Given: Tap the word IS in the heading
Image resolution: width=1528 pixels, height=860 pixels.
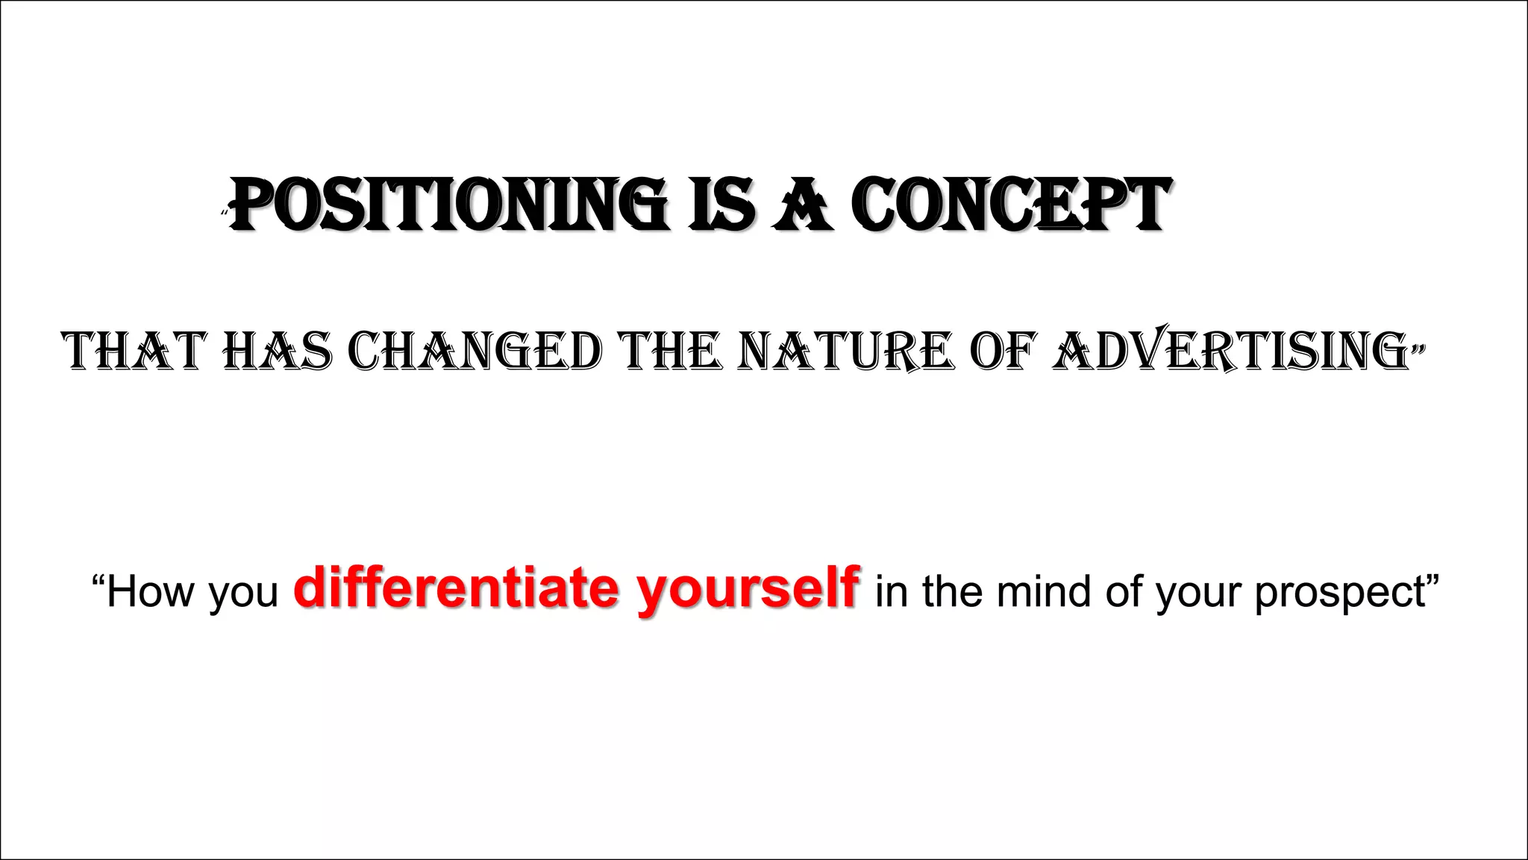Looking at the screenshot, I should tap(721, 204).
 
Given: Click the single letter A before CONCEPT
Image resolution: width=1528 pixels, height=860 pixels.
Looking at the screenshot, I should tap(803, 204).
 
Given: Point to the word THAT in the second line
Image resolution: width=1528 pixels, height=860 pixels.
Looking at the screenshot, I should tap(134, 351).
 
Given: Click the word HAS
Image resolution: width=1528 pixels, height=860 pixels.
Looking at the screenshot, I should tap(278, 351).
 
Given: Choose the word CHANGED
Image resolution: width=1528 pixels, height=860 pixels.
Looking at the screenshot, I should tap(475, 351).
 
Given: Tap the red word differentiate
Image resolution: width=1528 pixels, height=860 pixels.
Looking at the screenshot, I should tap(456, 588).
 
